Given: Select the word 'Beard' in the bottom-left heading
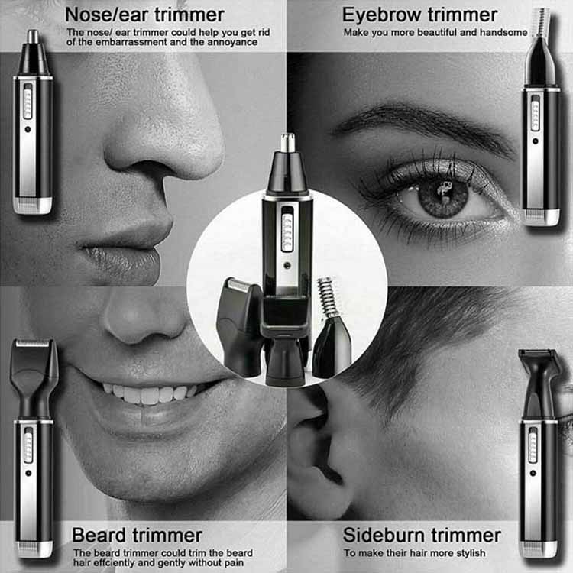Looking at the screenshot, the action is tap(99, 536).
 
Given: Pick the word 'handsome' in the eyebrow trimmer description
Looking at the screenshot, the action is tap(503, 33).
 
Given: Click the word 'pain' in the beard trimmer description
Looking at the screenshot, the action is tap(233, 563).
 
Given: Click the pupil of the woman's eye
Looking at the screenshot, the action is tap(443, 193).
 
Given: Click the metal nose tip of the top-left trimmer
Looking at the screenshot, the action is tap(34, 36).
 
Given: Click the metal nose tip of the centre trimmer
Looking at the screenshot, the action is tap(287, 143).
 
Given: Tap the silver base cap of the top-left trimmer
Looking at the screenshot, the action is tap(33, 205).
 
